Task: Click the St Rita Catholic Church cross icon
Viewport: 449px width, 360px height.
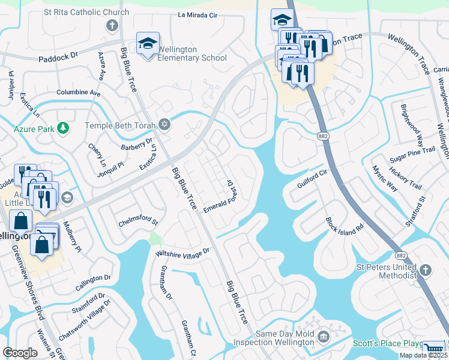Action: click(x=111, y=25)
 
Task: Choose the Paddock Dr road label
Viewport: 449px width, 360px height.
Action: click(x=58, y=55)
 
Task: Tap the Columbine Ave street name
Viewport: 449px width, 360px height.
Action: click(x=78, y=93)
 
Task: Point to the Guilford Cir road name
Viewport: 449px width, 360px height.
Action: click(x=312, y=178)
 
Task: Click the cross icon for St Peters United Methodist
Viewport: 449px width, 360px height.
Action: click(x=426, y=271)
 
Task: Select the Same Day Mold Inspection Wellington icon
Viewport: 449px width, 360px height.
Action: click(x=324, y=337)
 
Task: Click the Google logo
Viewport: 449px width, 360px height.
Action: click(x=20, y=353)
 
